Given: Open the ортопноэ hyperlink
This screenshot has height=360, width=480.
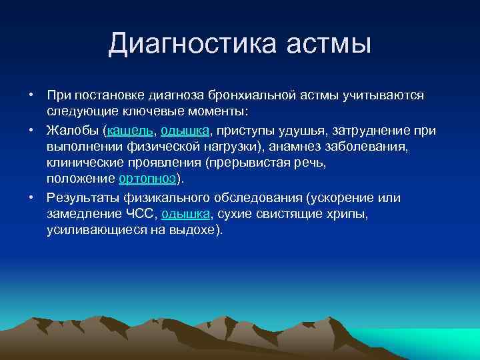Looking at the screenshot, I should tap(147, 179).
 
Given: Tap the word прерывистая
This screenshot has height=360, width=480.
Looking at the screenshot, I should tap(257, 162).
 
